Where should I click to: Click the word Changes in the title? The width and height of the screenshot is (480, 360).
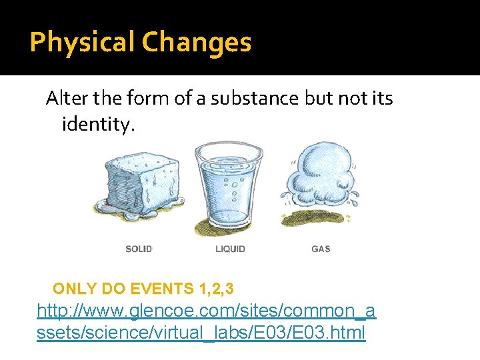(197, 43)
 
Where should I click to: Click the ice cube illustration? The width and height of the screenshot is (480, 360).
(139, 181)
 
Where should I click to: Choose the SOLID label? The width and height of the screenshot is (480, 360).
(139, 249)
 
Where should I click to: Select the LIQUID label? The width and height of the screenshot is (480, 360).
(231, 249)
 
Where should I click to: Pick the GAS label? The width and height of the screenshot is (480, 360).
(321, 249)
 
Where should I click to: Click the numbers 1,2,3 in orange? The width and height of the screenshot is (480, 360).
(216, 289)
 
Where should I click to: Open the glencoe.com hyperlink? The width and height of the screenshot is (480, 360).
(206, 311)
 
